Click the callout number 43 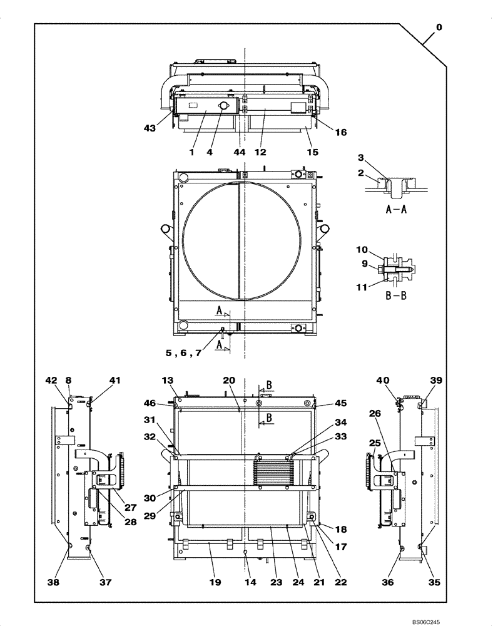[149, 128]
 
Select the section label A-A [395, 210]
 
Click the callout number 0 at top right [439, 27]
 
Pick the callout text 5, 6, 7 [183, 353]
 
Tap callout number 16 [341, 132]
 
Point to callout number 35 [434, 582]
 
